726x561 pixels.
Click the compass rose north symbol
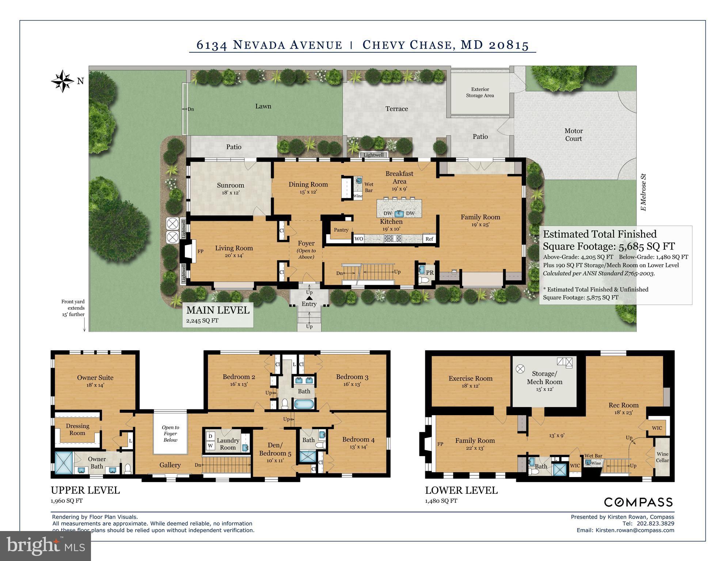(x=63, y=81)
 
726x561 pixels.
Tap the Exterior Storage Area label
(x=480, y=92)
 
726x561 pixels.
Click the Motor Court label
(x=573, y=134)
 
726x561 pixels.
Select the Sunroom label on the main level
(x=230, y=185)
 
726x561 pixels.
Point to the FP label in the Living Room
(x=200, y=251)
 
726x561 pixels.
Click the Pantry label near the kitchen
(x=341, y=230)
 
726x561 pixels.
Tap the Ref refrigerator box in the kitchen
(x=429, y=239)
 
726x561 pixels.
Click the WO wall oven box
(x=359, y=239)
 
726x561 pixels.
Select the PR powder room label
(x=430, y=273)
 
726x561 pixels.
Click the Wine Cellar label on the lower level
(x=662, y=457)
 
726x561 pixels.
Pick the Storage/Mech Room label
(x=544, y=378)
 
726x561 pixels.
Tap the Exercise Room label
(x=471, y=379)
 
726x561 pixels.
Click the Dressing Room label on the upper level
(x=77, y=429)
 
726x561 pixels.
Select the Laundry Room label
(x=228, y=444)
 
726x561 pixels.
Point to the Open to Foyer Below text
(x=170, y=433)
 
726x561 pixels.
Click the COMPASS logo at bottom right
(x=638, y=502)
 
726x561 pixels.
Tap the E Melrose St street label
(x=643, y=192)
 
